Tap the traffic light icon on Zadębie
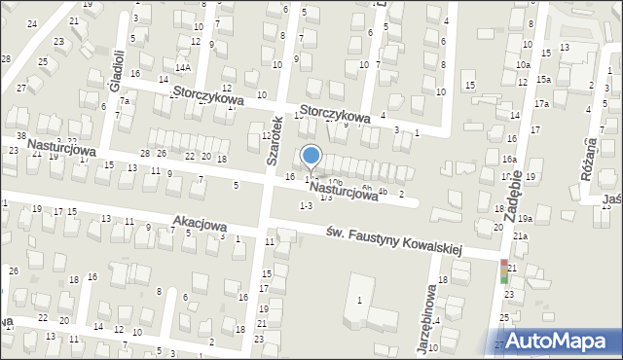point(504,271)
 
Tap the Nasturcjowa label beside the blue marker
point(344,191)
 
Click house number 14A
point(182,67)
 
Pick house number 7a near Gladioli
point(125,100)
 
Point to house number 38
point(21,135)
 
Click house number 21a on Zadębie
point(521,235)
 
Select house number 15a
point(542,79)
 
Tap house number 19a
point(525,219)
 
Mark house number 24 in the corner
point(32,23)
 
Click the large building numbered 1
point(359,300)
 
